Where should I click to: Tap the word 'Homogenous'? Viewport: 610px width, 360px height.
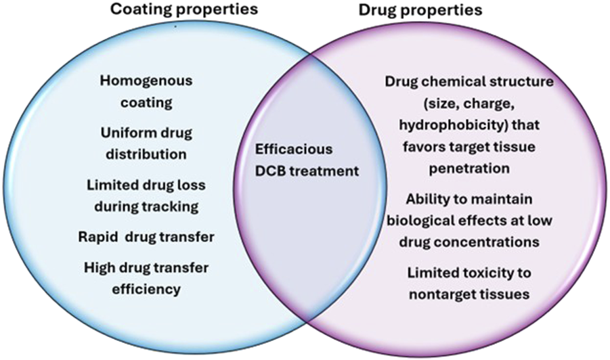146,81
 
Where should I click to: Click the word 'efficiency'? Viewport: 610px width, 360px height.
146,288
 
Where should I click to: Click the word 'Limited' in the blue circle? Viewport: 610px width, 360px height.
111,184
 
